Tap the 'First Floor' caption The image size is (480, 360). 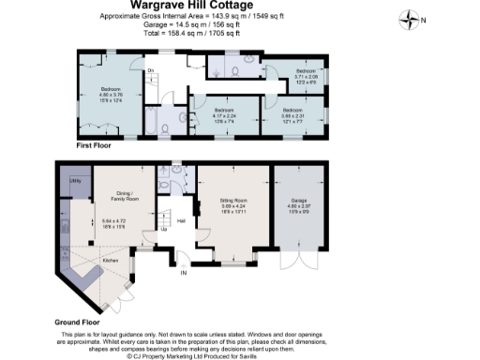[x=96, y=147]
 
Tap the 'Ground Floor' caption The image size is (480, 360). [x=78, y=322]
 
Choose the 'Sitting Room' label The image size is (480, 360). [x=232, y=201]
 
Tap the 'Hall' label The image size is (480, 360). [x=181, y=221]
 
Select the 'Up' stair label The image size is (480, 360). [x=166, y=230]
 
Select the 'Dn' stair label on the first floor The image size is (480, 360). [x=149, y=70]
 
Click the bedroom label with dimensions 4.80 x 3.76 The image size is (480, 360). [x=110, y=91]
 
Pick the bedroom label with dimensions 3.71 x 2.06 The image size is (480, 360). [x=307, y=70]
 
